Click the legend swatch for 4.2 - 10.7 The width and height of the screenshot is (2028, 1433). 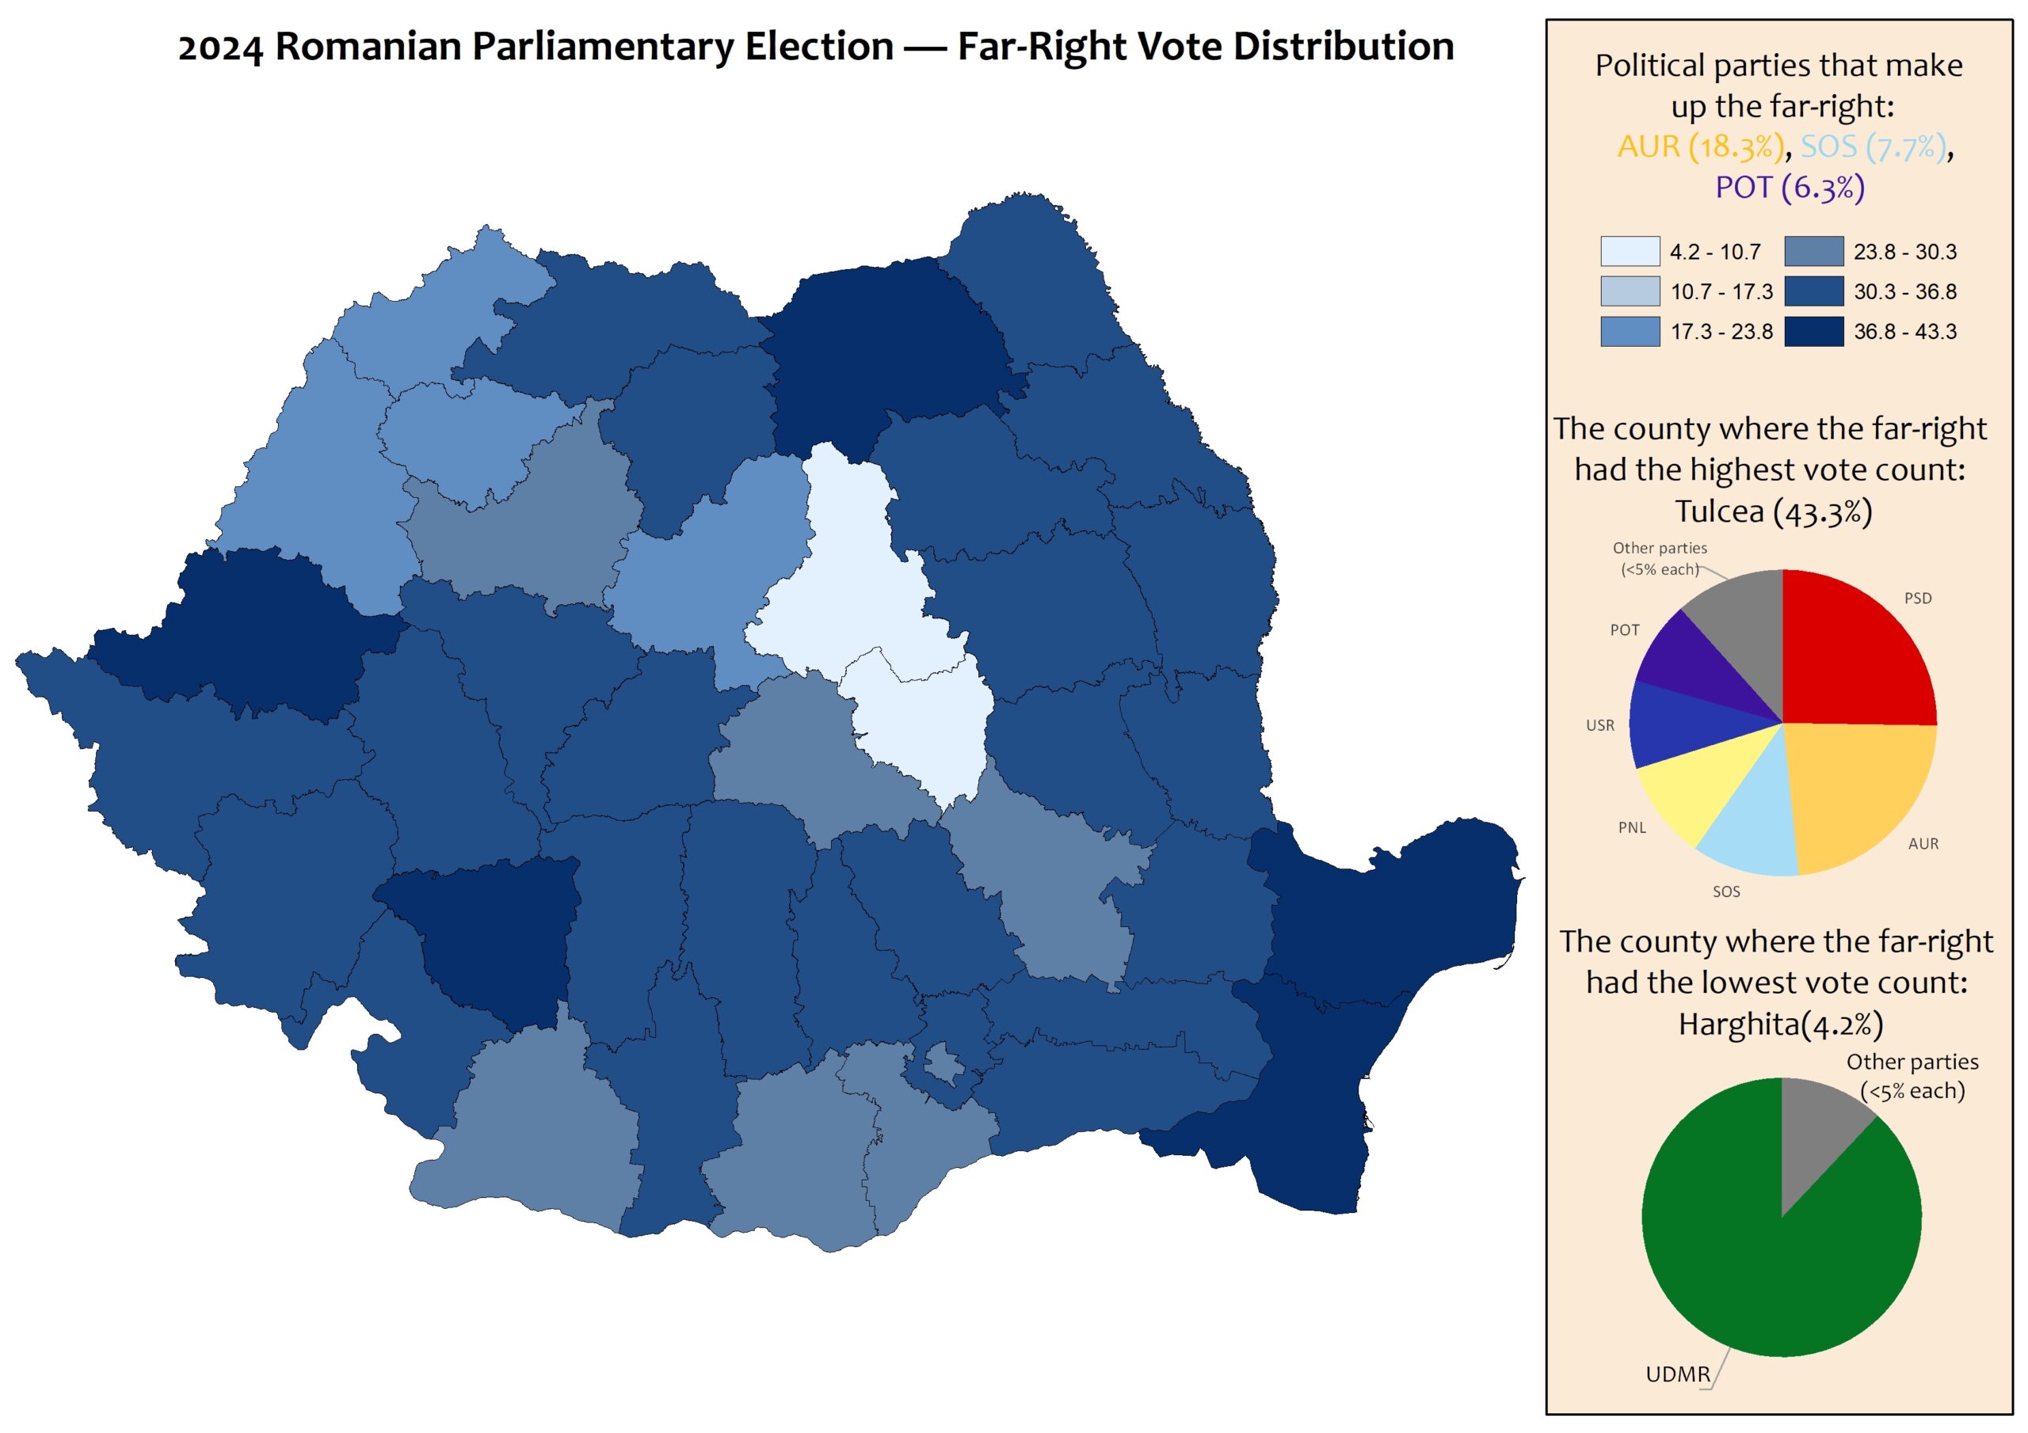(1630, 252)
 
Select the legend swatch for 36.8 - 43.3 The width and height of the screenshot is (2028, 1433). (1813, 331)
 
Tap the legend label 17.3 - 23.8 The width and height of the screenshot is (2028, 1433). (1721, 332)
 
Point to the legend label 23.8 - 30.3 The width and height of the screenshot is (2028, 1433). (1904, 253)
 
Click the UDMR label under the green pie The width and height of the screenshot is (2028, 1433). (1677, 1374)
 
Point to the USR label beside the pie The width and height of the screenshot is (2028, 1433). (1599, 726)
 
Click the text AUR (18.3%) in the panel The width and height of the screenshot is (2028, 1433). (1700, 146)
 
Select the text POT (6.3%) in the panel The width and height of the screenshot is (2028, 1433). (1790, 187)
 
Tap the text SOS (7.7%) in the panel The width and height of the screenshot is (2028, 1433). (1874, 146)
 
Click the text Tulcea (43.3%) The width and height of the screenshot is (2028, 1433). (1774, 511)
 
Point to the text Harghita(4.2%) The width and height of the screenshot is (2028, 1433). (1781, 1024)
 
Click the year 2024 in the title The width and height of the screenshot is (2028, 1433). (220, 47)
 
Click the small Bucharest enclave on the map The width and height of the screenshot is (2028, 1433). (943, 1066)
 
